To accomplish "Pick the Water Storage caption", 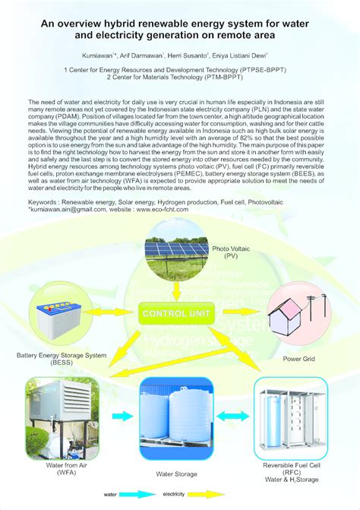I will pyautogui.click(x=176, y=474).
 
